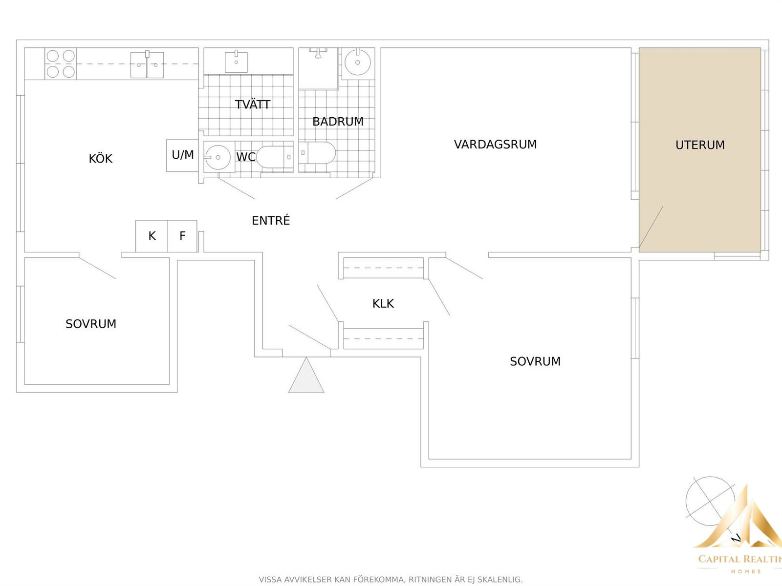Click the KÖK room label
101,158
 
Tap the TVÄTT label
253,104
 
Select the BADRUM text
338,122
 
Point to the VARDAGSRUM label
495,145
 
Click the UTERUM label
700,145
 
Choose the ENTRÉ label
271,220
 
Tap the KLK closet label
383,303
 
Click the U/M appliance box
182,155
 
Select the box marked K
152,236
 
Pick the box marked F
182,236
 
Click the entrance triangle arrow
306,376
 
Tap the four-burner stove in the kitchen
61,63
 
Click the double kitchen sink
147,65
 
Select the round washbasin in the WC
217,157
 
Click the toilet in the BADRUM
317,153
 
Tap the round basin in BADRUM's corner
357,63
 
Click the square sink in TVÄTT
236,62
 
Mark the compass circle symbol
710,501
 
